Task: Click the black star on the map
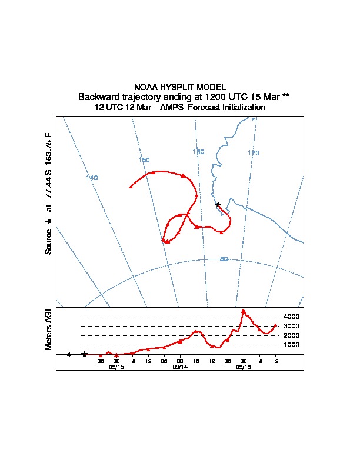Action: pyautogui.click(x=218, y=205)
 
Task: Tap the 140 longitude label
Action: pyautogui.click(x=92, y=178)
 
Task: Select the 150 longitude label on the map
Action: pyautogui.click(x=144, y=160)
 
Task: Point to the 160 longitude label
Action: pyautogui.click(x=198, y=152)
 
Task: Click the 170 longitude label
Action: pyautogui.click(x=253, y=153)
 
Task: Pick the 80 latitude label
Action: pyautogui.click(x=224, y=259)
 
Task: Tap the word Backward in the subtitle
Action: pyautogui.click(x=96, y=96)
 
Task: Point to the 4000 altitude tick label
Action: pyautogui.click(x=291, y=317)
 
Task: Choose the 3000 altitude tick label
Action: pyautogui.click(x=291, y=326)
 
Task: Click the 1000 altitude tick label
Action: pyautogui.click(x=291, y=345)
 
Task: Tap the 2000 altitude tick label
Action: pyautogui.click(x=291, y=335)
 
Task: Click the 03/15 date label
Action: pyautogui.click(x=116, y=367)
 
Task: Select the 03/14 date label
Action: pyautogui.click(x=180, y=367)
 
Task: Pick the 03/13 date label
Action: pyautogui.click(x=244, y=367)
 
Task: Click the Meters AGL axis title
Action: pyautogui.click(x=49, y=329)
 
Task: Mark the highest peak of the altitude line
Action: pyautogui.click(x=244, y=310)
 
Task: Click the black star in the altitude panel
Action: pyautogui.click(x=85, y=354)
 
